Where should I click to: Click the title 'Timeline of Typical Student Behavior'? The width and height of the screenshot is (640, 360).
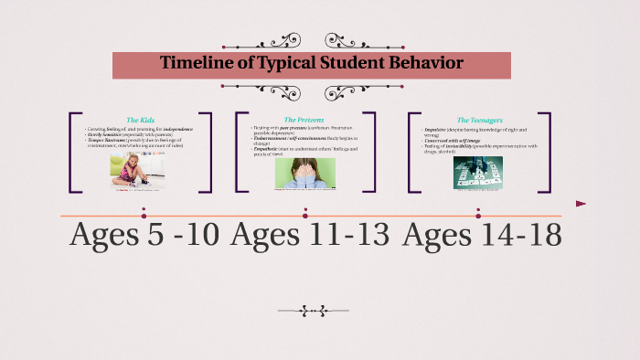(x=312, y=64)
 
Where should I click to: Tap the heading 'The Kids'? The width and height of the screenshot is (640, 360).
(x=142, y=120)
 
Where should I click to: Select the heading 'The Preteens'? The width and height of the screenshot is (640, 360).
(x=304, y=120)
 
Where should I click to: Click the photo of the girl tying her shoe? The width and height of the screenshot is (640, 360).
(x=131, y=171)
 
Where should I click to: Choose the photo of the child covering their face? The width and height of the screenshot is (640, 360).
(x=304, y=173)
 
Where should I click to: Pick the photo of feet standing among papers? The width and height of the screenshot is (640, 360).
(x=477, y=173)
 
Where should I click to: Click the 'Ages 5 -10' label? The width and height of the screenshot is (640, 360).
(x=144, y=236)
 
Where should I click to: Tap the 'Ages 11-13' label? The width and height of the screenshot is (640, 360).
(x=309, y=236)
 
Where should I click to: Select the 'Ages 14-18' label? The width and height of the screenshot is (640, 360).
(x=482, y=236)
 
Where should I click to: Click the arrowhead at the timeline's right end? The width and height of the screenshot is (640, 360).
(x=581, y=204)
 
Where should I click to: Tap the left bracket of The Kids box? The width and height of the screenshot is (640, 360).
(x=71, y=152)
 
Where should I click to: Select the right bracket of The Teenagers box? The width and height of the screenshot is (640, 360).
(x=546, y=152)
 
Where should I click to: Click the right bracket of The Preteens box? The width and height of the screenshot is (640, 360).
(x=371, y=152)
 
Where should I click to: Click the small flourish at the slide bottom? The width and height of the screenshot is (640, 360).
(x=313, y=312)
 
